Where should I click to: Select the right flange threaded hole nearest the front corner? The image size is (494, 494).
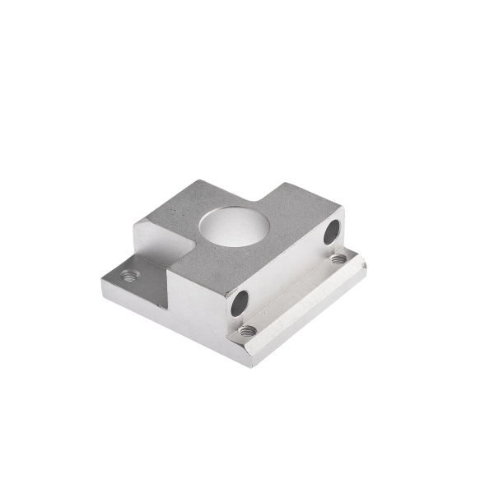(247, 330)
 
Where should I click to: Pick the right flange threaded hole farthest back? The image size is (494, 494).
(338, 259)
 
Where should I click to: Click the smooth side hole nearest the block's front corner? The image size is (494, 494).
(239, 303)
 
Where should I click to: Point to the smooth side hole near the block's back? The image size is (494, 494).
(331, 232)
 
